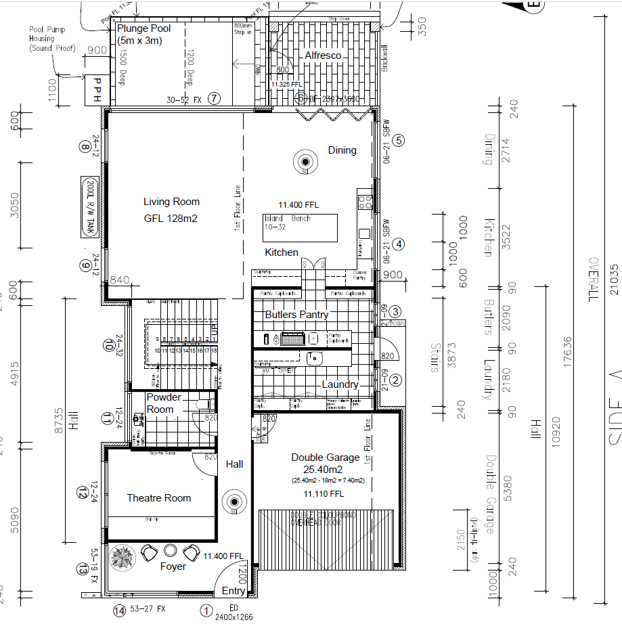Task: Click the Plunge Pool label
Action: coord(144,29)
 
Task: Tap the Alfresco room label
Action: coord(323,55)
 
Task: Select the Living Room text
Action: coord(171,202)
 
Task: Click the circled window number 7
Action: coord(215,99)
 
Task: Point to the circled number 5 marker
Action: coord(399,141)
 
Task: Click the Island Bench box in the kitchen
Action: coord(300,223)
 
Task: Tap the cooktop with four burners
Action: coord(365,201)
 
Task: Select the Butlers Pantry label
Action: coord(296,315)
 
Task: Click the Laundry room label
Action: coord(340,384)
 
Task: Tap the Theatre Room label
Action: coord(159,498)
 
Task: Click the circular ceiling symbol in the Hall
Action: coord(234,502)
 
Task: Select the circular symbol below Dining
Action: coord(305,162)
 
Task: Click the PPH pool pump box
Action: coord(97,90)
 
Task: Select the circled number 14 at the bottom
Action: coord(120,611)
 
